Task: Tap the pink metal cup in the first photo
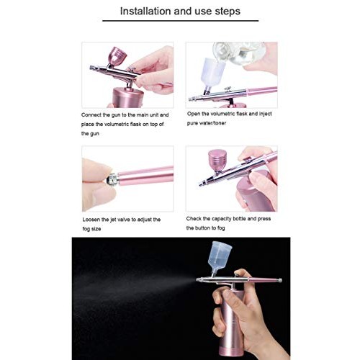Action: coord(116,56)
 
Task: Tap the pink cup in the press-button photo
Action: coord(215,161)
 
